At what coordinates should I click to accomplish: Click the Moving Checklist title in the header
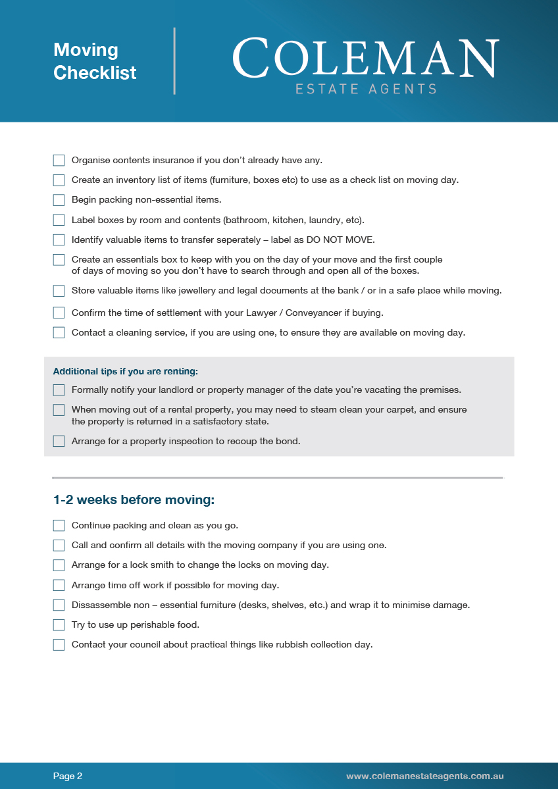[x=95, y=61]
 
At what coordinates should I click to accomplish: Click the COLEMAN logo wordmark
[x=365, y=59]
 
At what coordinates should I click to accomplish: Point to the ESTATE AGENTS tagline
[x=366, y=89]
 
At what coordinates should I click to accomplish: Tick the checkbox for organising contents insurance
[x=59, y=161]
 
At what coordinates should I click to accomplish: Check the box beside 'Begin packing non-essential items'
[x=59, y=200]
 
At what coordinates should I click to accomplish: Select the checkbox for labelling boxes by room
[x=59, y=220]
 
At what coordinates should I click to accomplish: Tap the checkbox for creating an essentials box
[x=59, y=260]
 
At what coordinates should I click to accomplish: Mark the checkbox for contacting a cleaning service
[x=59, y=333]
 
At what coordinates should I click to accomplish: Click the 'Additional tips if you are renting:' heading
[x=125, y=371]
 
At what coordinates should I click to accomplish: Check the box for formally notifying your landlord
[x=59, y=390]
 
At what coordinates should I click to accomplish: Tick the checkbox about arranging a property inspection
[x=59, y=442]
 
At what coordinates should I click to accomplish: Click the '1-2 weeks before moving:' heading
[x=134, y=500]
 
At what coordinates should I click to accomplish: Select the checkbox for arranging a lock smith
[x=59, y=565]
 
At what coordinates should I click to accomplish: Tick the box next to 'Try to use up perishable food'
[x=59, y=625]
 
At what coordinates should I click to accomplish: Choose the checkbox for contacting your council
[x=59, y=645]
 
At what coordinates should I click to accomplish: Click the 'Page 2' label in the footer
[x=68, y=776]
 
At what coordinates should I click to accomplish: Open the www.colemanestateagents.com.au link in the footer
[x=425, y=776]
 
